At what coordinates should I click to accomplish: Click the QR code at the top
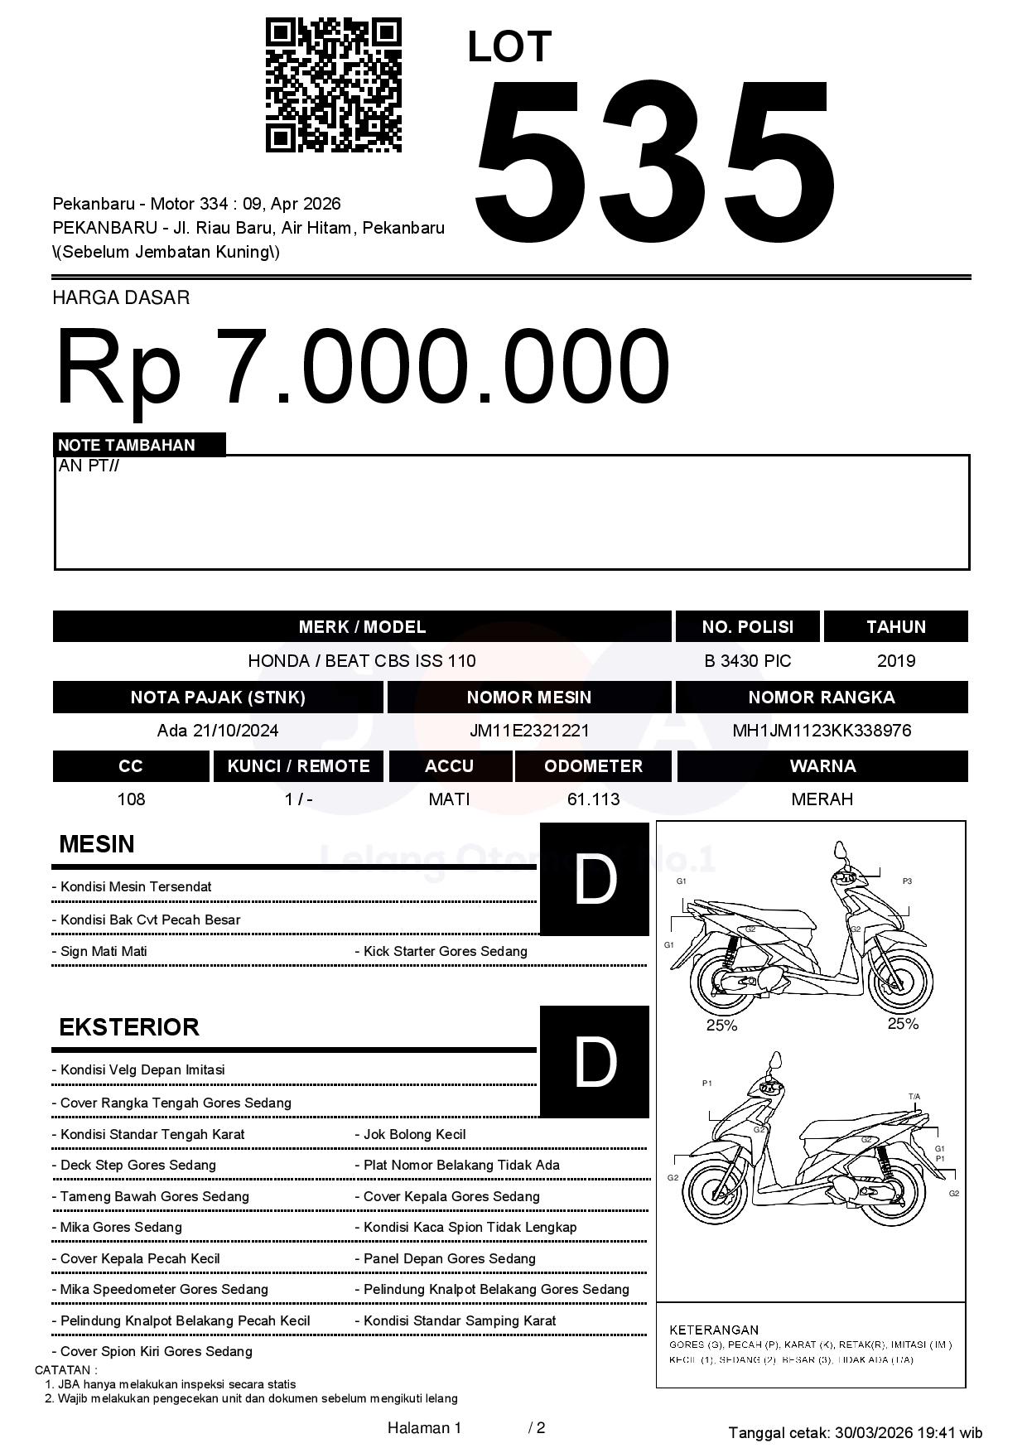333,85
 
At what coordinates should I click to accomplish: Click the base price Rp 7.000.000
362,365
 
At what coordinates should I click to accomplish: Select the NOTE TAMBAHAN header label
127,445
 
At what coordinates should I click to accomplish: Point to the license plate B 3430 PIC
747,661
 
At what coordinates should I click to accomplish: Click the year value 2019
895,661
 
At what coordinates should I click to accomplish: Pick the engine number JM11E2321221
528,731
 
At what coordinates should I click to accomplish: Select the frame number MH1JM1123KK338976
821,731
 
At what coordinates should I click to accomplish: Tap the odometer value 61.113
593,799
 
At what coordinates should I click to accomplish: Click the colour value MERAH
822,799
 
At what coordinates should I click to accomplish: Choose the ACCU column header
449,766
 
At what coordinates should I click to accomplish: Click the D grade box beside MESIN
594,879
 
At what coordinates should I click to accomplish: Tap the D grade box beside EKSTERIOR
594,1061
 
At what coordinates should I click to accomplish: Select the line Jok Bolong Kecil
414,1135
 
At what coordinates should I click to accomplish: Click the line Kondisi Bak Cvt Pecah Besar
150,920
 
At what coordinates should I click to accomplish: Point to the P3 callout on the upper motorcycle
907,881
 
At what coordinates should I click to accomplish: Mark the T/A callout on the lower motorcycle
914,1097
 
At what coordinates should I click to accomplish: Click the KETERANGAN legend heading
713,1330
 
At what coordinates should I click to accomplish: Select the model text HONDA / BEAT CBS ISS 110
362,661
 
